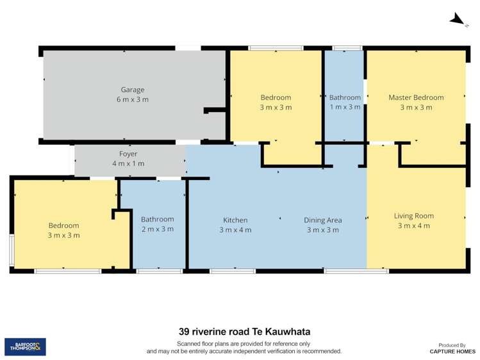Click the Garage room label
[x=133, y=90]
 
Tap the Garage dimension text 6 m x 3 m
[x=133, y=100]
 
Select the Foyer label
[x=128, y=154]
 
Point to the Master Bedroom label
[x=416, y=97]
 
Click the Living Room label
[x=413, y=216]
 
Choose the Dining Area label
[x=322, y=220]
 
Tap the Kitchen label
[x=235, y=220]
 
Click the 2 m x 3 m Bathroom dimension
[x=157, y=229]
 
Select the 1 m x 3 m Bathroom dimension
[x=345, y=108]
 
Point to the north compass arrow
[x=456, y=20]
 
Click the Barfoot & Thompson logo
[x=25, y=347]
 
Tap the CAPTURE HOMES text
[x=453, y=352]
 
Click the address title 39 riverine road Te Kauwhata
[x=244, y=332]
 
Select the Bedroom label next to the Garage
[x=276, y=97]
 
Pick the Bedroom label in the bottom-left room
[x=63, y=225]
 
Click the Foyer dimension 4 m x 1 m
[x=128, y=164]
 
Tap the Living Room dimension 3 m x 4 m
[x=413, y=226]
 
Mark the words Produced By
[x=453, y=345]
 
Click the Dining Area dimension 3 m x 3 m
[x=322, y=230]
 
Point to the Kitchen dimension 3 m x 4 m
[x=235, y=230]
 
